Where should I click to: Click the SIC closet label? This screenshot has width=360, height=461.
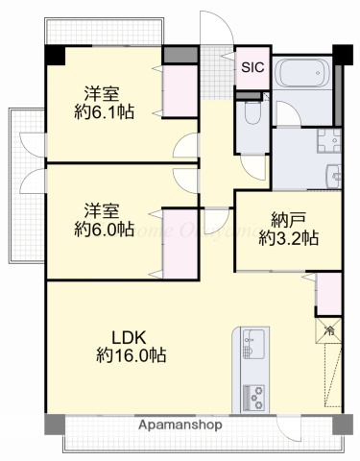point(252,67)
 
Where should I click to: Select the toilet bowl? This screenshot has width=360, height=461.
point(252,115)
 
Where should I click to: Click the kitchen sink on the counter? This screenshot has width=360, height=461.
point(253,344)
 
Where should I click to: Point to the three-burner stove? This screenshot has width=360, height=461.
point(254,395)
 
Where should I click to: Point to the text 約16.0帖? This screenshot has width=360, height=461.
point(131,355)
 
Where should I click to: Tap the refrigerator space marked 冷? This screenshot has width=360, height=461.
point(328,330)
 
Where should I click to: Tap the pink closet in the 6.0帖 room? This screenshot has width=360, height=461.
point(180,244)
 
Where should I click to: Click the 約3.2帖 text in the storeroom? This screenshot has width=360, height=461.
point(288,238)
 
